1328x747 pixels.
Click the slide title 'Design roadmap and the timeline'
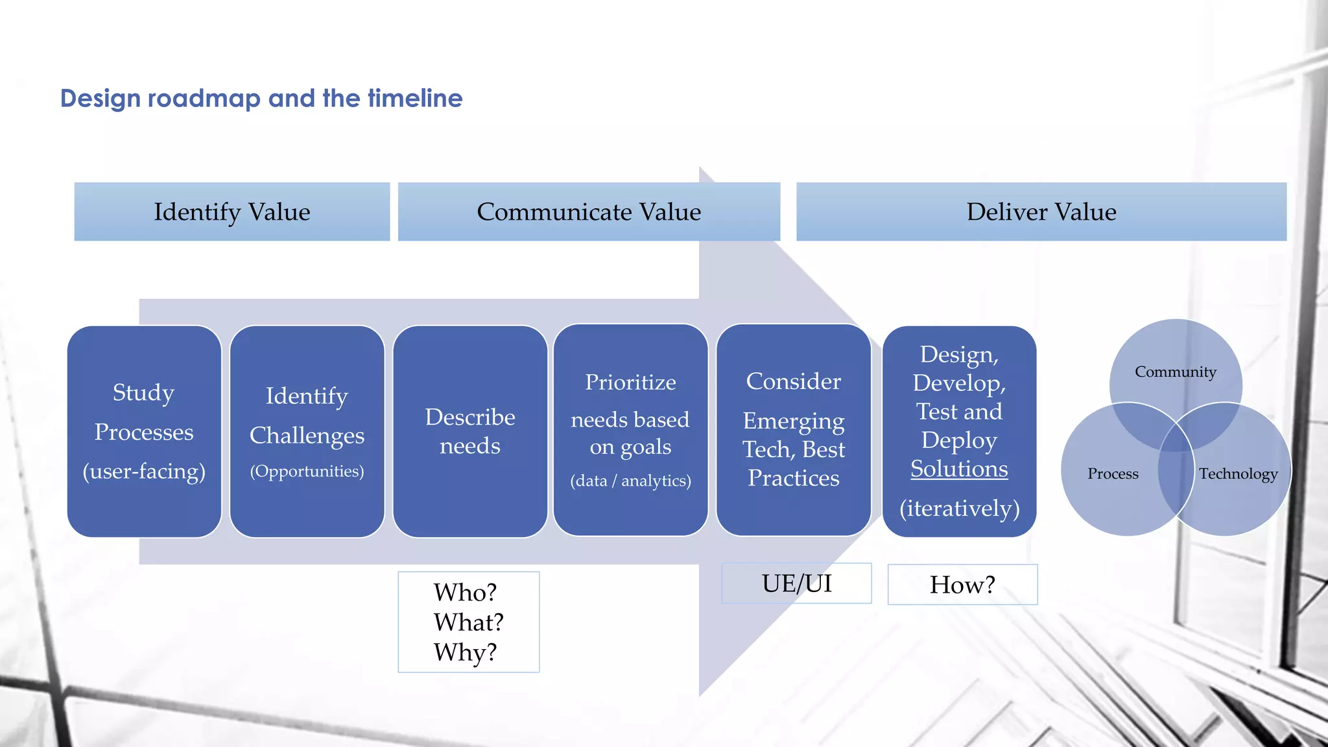(261, 99)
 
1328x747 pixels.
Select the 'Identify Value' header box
(231, 212)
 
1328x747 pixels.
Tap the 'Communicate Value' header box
(589, 212)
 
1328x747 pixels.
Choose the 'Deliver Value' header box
(1041, 212)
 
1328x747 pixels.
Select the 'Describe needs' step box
(470, 431)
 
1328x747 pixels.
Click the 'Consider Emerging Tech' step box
(793, 429)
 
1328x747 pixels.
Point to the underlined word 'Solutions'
(959, 469)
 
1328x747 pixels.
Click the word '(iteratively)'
(959, 508)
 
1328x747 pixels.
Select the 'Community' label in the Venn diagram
(1175, 372)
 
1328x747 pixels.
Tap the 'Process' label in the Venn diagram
(1113, 474)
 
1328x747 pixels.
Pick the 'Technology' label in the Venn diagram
(1238, 474)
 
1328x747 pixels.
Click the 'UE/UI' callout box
(796, 584)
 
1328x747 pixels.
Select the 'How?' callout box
(962, 585)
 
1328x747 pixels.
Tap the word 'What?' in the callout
(468, 622)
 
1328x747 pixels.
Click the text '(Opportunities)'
(307, 471)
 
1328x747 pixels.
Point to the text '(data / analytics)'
(630, 481)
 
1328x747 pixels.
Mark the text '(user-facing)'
(144, 471)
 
